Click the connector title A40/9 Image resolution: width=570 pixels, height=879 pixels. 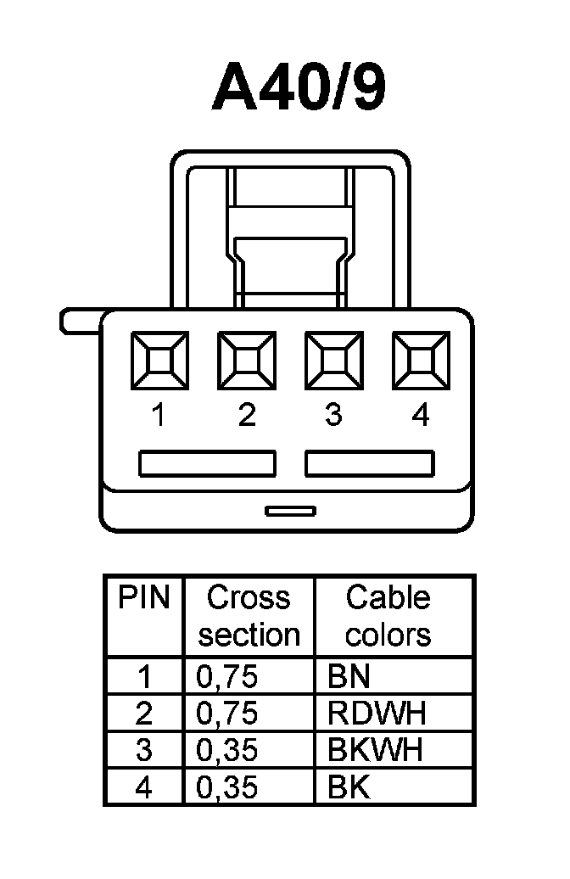[299, 87]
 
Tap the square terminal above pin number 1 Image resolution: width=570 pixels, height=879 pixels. [159, 361]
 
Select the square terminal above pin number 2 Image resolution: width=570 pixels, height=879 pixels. [247, 361]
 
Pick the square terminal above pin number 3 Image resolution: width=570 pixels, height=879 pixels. [333, 361]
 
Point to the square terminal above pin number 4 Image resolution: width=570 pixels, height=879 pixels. [421, 361]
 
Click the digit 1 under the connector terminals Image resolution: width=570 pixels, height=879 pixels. [159, 416]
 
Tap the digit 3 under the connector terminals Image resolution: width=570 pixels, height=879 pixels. [333, 416]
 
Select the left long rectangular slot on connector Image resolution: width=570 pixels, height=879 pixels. [207, 463]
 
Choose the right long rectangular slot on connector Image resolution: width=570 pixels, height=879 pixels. [370, 463]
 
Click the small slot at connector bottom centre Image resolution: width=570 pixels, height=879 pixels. [290, 511]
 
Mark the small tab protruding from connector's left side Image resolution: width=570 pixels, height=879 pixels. [79, 322]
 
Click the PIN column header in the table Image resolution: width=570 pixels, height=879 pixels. [144, 598]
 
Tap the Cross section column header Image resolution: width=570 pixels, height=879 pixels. [249, 616]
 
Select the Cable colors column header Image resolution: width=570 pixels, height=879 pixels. [388, 616]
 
